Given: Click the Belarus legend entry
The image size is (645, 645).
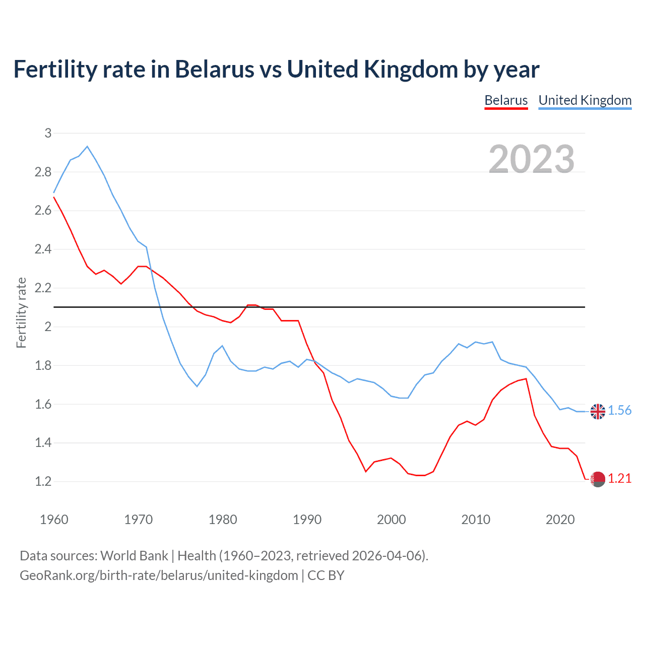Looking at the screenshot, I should click(x=506, y=100).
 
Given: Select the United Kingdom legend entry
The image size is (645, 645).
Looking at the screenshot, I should click(x=585, y=100).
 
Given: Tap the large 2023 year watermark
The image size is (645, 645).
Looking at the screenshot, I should click(x=532, y=159).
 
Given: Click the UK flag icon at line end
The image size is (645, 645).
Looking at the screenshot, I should click(x=598, y=411).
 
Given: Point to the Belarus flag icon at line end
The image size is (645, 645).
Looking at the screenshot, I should click(x=598, y=479).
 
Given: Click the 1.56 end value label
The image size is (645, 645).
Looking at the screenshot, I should click(x=620, y=411).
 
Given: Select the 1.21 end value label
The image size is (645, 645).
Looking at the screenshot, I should click(x=620, y=479).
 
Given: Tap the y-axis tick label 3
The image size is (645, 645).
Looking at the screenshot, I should click(x=48, y=134).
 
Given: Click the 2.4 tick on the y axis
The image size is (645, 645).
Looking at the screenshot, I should click(x=43, y=249).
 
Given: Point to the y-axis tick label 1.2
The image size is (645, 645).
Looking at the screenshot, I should click(x=43, y=482).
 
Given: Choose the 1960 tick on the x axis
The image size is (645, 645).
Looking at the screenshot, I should click(x=54, y=520).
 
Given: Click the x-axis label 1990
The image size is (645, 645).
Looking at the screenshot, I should click(x=307, y=520).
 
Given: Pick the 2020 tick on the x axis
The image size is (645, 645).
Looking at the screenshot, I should click(x=560, y=520).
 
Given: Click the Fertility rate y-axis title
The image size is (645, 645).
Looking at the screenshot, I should click(x=21, y=312).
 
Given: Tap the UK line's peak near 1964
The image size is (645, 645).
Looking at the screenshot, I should click(x=87, y=147).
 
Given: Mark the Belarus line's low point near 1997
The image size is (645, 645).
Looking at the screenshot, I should click(x=366, y=472).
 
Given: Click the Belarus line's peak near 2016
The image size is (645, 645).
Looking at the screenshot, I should click(x=526, y=379).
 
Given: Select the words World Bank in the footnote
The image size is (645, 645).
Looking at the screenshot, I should click(x=134, y=556).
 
